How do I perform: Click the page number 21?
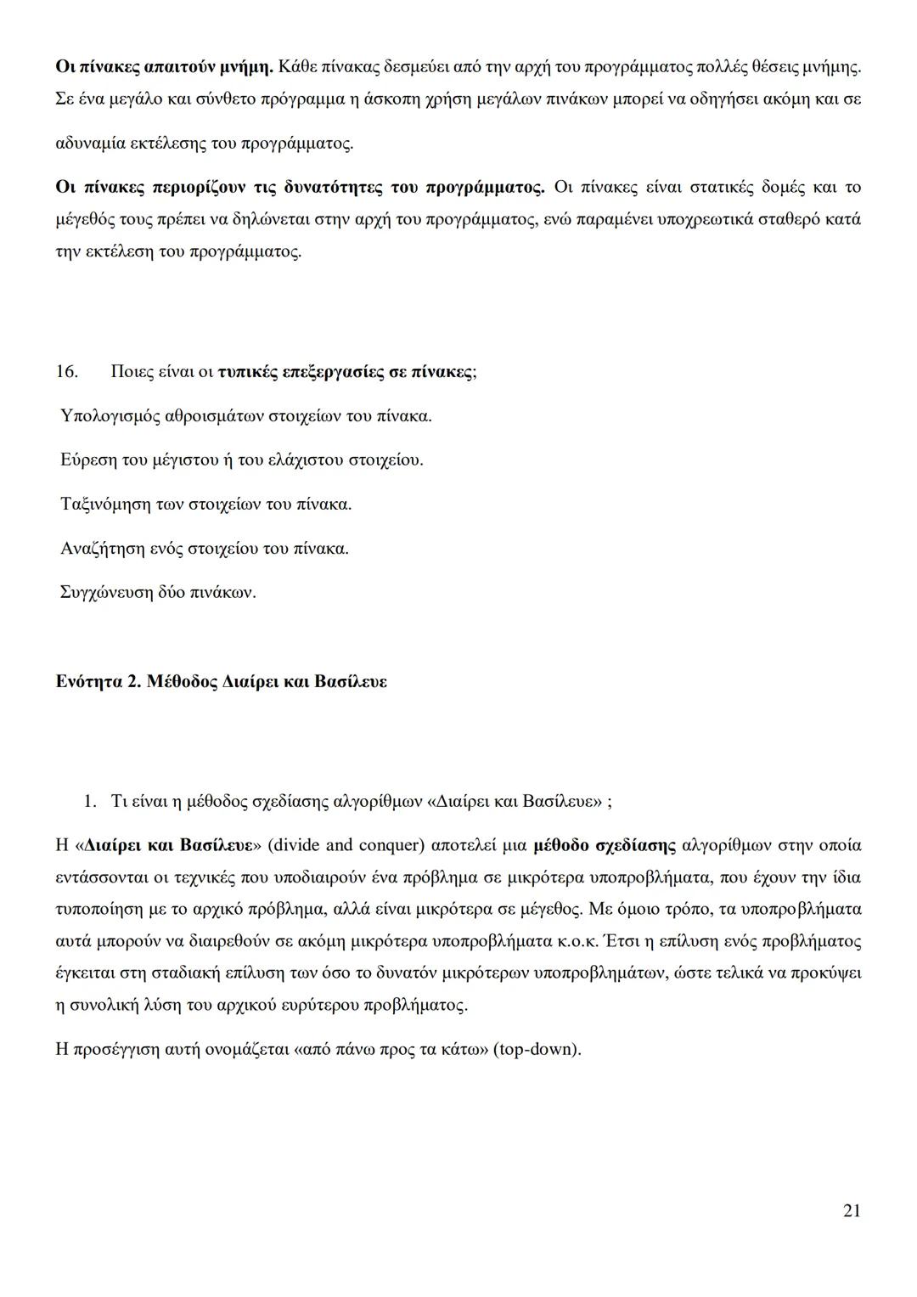click(x=852, y=1210)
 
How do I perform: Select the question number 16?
click(x=67, y=372)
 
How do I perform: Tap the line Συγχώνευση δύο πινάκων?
click(x=158, y=592)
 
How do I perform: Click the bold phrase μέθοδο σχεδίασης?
click(x=605, y=845)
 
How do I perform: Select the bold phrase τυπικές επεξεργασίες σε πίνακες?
click(x=345, y=372)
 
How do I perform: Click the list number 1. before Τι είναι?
click(x=90, y=801)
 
